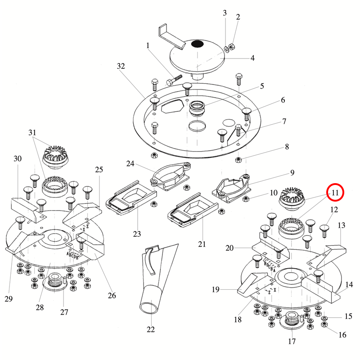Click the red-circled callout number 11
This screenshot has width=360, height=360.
tap(335, 193)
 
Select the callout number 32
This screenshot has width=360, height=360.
tap(120, 66)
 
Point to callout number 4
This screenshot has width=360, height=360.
tap(252, 58)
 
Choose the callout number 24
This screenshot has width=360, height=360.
tap(130, 163)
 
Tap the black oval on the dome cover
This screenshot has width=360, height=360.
tap(197, 44)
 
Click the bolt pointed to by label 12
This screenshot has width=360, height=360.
tap(323, 230)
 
